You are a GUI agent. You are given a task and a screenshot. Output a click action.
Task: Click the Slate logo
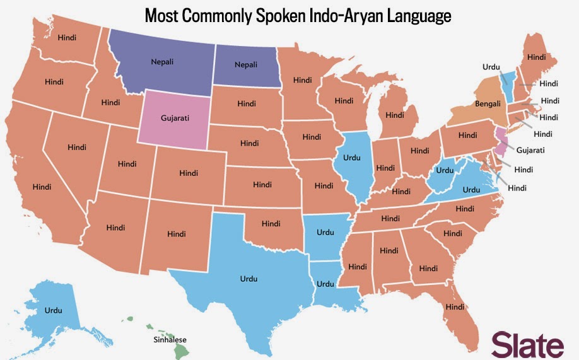[528, 346]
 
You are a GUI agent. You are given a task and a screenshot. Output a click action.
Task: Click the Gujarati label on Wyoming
[175, 118]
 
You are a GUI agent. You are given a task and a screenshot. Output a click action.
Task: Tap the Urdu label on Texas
[249, 277]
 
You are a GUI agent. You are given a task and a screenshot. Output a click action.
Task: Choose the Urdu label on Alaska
[52, 310]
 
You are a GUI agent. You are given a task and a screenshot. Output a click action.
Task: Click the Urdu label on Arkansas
[325, 232]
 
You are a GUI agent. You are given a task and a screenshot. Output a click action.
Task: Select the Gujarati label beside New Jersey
[530, 150]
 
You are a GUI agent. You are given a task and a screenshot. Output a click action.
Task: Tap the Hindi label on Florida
[454, 307]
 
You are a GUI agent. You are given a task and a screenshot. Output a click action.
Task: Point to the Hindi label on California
[42, 187]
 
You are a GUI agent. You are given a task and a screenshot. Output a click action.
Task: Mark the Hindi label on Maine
[536, 57]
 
